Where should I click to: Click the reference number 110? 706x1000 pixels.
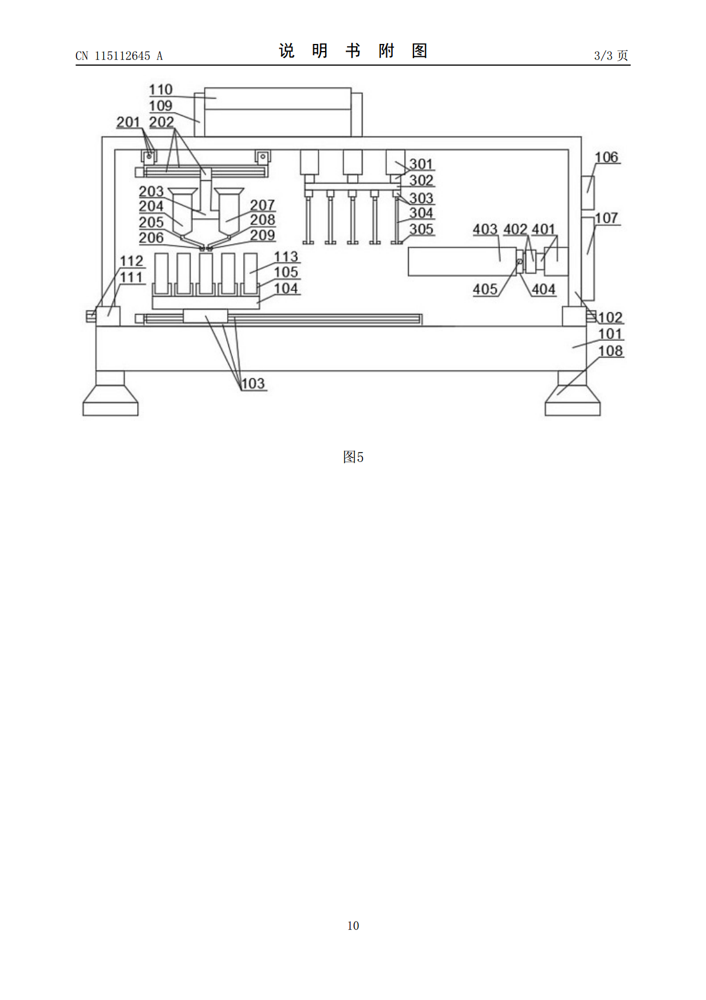pos(161,90)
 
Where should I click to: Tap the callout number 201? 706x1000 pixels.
pos(128,122)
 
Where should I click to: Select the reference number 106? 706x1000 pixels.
pos(606,157)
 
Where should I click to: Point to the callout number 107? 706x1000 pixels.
pos(606,218)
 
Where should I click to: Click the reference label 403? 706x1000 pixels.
pos(485,229)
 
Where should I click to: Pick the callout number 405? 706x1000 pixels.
pos(485,289)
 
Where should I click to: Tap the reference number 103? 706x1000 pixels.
pos(253,384)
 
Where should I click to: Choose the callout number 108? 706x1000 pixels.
pos(610,351)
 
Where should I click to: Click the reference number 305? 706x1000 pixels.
pos(421,229)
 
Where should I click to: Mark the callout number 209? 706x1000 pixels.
pos(262,235)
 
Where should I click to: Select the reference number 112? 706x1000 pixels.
pos(131,261)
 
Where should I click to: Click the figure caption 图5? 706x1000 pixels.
pos(353,457)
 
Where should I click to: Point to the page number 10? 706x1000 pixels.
pos(353,925)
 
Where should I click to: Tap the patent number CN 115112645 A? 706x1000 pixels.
pos(119,56)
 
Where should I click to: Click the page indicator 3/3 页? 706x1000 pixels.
pos(611,55)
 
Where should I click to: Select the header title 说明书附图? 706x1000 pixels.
pos(353,51)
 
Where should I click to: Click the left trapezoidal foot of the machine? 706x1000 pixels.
pos(110,393)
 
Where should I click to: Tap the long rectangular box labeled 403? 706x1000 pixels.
pos(462,262)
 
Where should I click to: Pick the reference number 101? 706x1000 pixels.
pos(610,334)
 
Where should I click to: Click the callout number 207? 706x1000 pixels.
pos(262,205)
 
